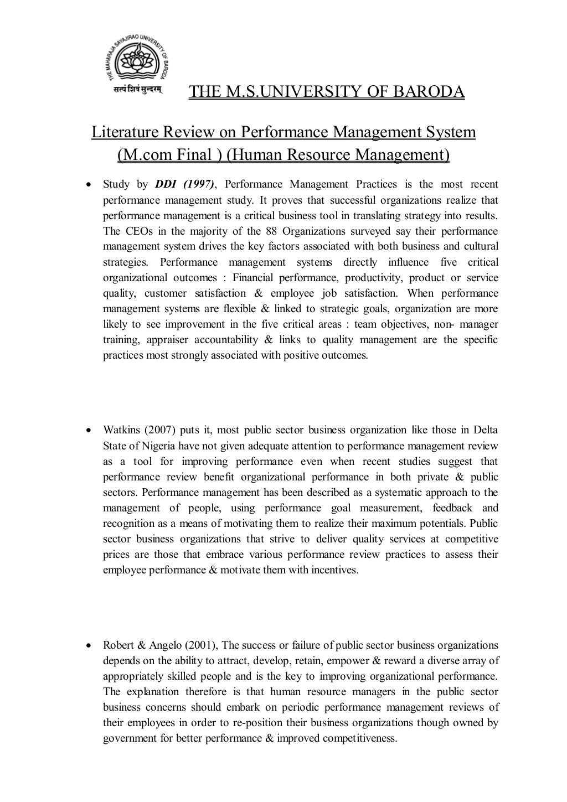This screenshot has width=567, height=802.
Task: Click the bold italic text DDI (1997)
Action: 183,184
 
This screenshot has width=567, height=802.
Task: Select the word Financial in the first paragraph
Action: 252,277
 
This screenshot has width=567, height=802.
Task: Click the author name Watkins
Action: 121,430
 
